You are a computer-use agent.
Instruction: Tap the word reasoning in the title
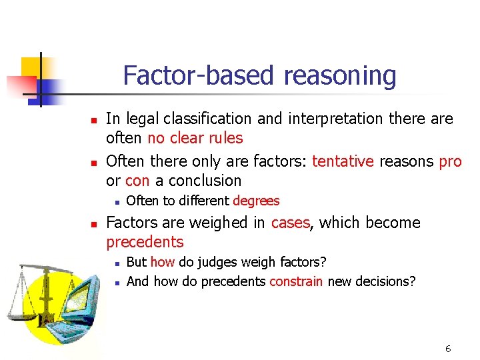pos(339,76)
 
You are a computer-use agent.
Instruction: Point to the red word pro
pos(450,161)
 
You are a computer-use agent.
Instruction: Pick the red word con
pos(137,181)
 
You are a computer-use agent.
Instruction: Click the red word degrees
pos(256,201)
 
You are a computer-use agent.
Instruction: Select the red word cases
pos(291,223)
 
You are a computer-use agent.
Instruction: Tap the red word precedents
pos(145,242)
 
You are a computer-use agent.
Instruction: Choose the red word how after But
pos(162,262)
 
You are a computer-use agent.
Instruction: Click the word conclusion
pos(205,181)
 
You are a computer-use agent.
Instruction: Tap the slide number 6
pos(448,349)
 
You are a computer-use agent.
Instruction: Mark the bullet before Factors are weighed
pos(95,223)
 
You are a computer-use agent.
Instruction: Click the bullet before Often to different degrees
pos(115,201)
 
